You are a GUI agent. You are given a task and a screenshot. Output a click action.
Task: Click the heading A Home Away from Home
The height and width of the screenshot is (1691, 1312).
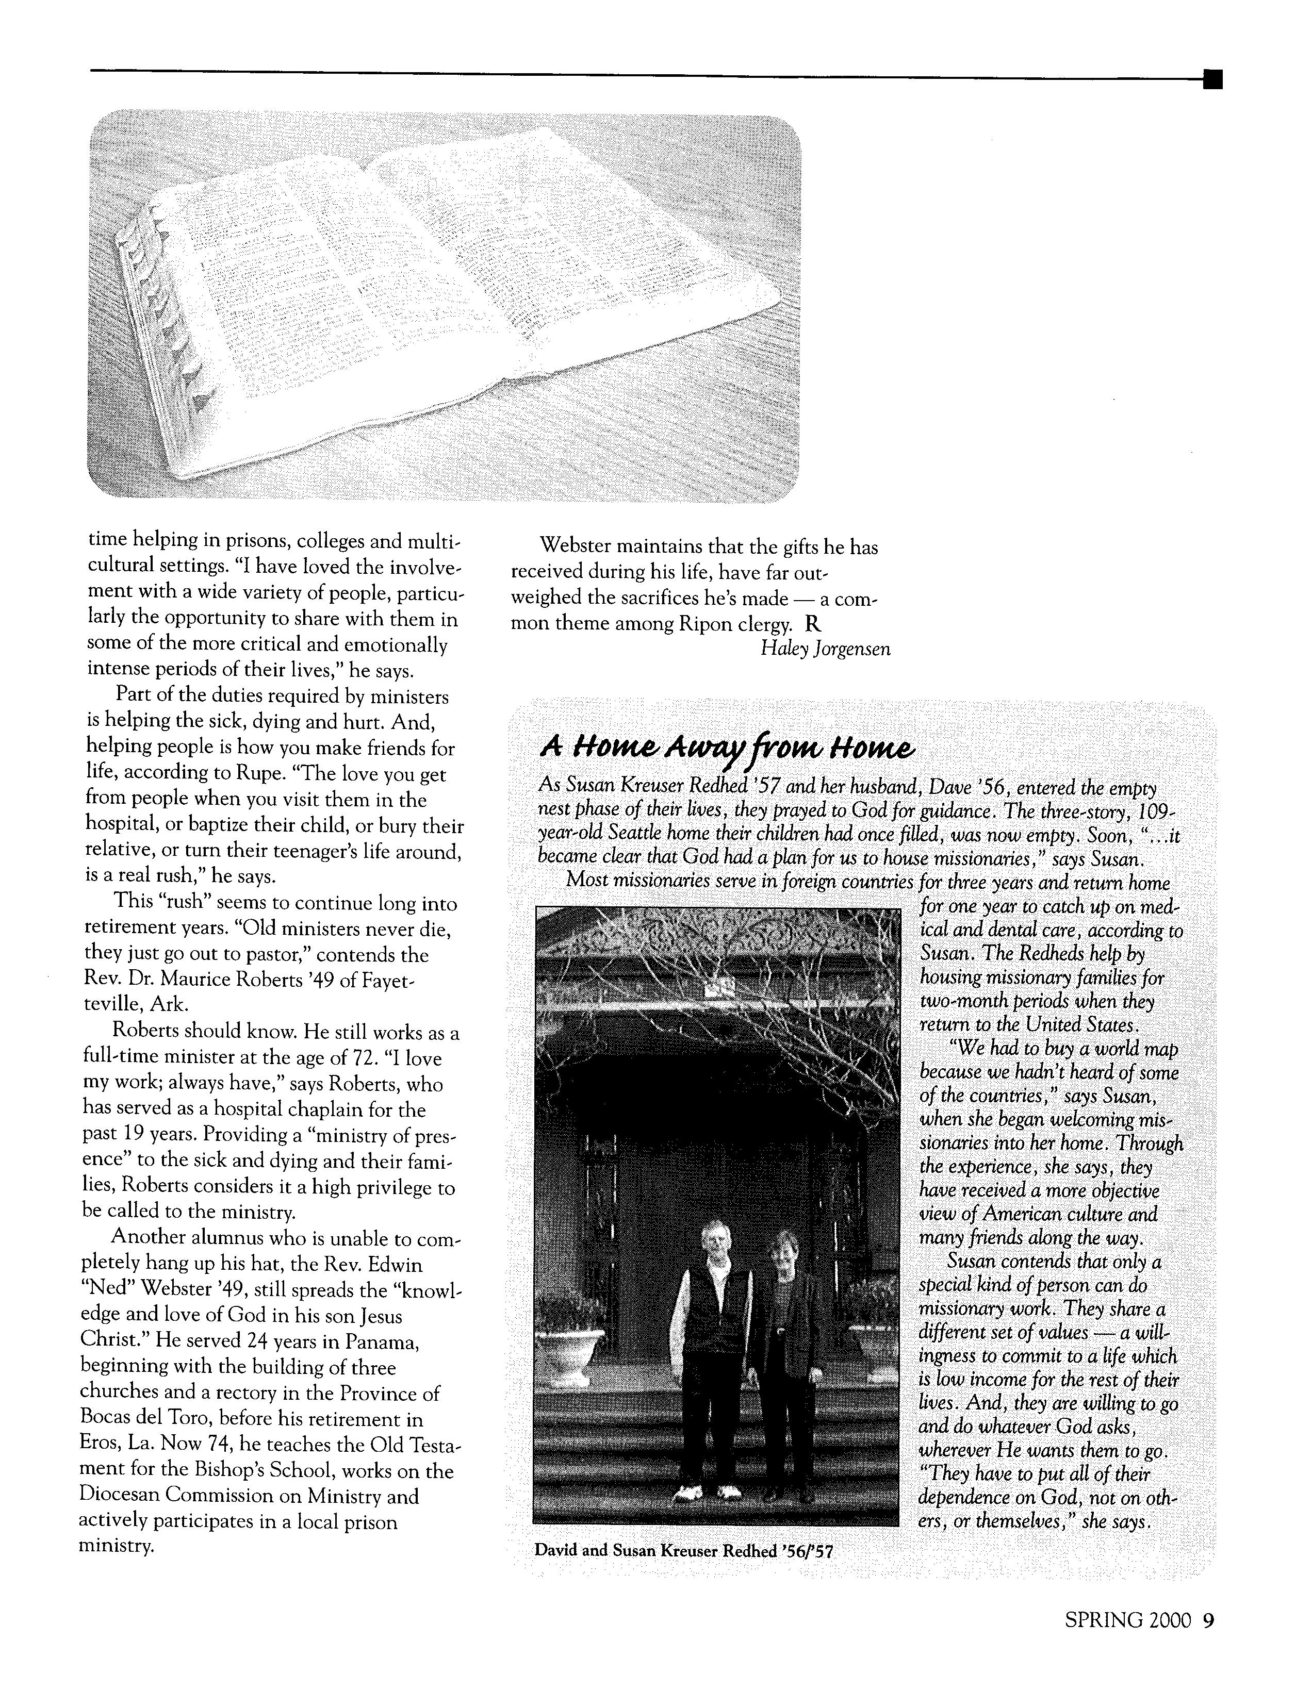pyautogui.click(x=727, y=748)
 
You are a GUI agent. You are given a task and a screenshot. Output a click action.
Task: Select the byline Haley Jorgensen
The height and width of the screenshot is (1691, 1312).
pyautogui.click(x=825, y=649)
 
